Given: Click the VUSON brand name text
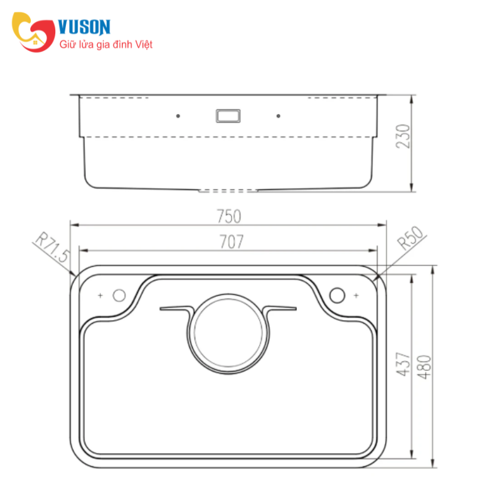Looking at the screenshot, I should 84,26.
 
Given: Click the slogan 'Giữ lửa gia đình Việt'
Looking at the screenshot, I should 106,45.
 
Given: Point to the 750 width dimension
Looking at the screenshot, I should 229,216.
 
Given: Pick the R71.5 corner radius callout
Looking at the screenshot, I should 53,248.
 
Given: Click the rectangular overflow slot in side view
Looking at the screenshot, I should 227,115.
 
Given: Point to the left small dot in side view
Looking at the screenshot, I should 178,116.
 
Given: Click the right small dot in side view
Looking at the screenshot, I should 278,116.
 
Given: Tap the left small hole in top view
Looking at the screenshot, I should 119,295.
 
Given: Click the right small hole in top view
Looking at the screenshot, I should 338,294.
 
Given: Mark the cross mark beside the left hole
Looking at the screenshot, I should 101,295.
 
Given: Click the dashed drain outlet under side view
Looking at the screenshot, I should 228,189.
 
